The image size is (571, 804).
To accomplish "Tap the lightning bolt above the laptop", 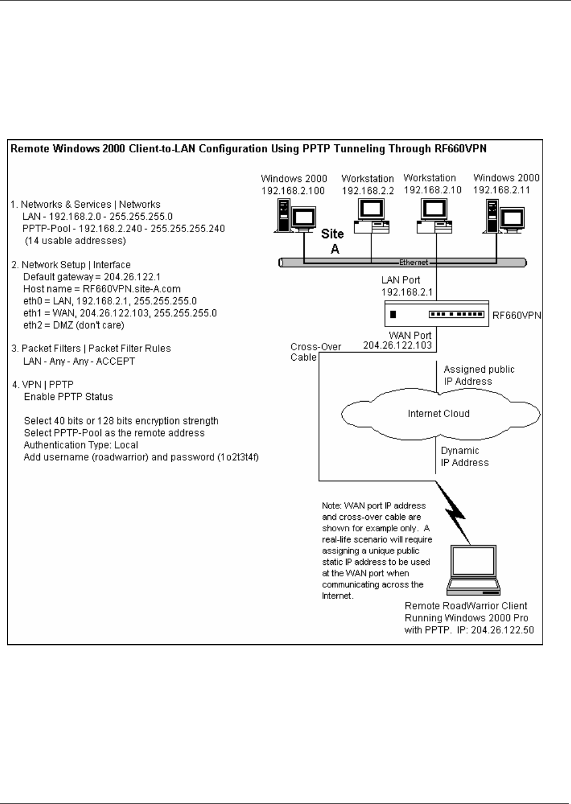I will pos(457,508).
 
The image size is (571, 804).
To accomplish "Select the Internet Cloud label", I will pos(439,414).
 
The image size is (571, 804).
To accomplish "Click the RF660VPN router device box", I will pos(437,314).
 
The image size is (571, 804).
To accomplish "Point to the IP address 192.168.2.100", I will pos(294,191).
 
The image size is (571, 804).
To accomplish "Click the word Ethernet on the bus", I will pos(413,262).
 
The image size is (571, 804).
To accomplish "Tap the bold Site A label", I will pos(332,241).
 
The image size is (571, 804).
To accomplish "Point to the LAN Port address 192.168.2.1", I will pos(407,292).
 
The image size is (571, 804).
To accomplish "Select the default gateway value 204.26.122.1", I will pos(132,277).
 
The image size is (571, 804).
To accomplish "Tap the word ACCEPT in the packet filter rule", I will pos(115,361).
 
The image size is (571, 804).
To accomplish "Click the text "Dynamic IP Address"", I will pos(464,456).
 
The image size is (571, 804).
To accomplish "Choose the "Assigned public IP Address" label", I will pos(478,375).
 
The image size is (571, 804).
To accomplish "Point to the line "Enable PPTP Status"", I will pos(69,397).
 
